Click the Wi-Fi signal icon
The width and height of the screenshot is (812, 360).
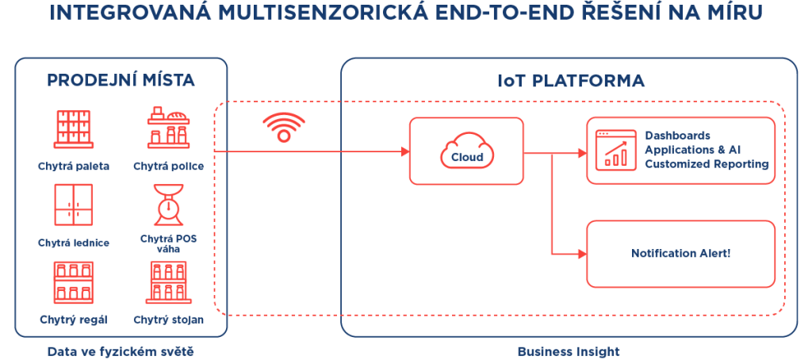[x=284, y=127]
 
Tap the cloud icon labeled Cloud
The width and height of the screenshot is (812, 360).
[x=467, y=150]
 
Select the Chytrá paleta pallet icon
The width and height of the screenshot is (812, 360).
[x=72, y=129]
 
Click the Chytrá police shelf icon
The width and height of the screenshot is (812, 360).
[x=168, y=128]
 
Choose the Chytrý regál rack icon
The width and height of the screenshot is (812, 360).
[x=72, y=283]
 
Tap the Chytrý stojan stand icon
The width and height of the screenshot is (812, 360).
[x=168, y=283]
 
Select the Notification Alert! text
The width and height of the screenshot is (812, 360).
[x=680, y=254]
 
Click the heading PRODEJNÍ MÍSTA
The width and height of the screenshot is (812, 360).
[x=121, y=81]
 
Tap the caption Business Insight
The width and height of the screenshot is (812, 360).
[x=569, y=350]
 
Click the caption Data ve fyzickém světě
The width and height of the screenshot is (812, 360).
[x=121, y=350]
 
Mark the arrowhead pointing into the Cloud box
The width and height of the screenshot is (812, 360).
[x=402, y=151]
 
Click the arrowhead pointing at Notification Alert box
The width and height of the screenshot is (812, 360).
[x=580, y=254]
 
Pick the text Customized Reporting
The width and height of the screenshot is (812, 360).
[x=707, y=164]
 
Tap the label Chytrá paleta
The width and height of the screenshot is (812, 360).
[x=73, y=167]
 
